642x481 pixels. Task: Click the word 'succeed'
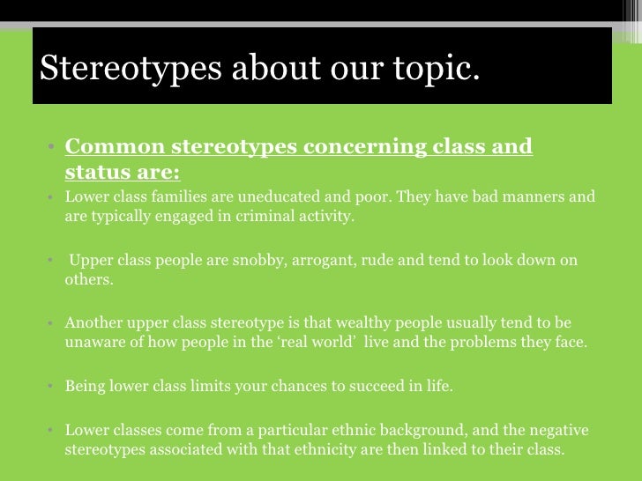click(x=377, y=386)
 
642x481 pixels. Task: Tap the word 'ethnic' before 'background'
click(x=358, y=430)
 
